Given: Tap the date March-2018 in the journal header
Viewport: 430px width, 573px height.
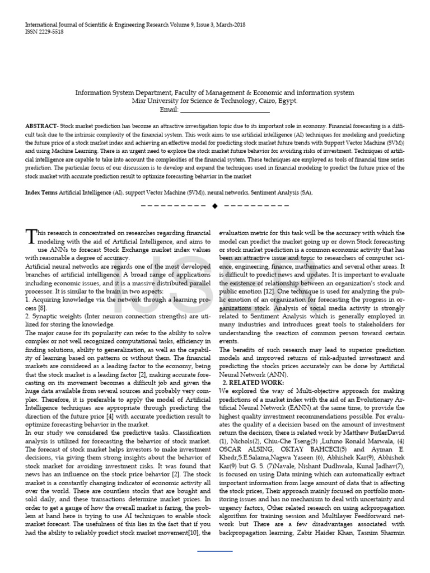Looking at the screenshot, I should click(227, 25).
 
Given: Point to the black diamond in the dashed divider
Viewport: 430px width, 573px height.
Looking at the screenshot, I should click(214, 206).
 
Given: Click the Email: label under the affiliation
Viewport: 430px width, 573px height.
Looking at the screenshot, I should click(169, 109).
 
